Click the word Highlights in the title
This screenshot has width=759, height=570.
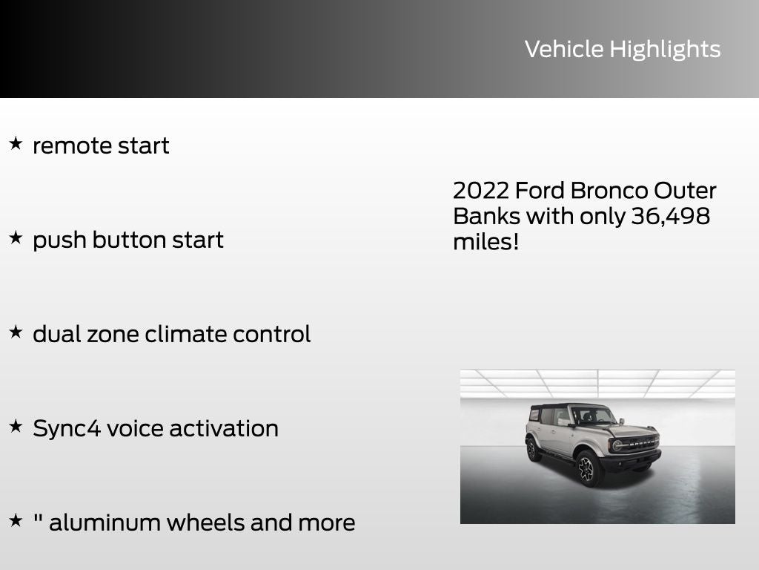coord(665,50)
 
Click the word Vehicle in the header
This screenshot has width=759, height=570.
coord(564,49)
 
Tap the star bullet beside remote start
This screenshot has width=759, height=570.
coord(16,143)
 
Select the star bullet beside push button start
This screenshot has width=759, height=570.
coord(16,237)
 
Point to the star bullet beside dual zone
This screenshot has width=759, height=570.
coord(16,332)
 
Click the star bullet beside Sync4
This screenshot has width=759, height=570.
coord(16,426)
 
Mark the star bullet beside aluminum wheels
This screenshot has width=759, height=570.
coord(16,520)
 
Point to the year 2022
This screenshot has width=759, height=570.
coord(481,191)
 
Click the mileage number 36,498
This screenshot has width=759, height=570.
coord(670,217)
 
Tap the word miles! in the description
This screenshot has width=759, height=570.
coord(486,242)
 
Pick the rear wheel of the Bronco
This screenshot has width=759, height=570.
coord(531,449)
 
